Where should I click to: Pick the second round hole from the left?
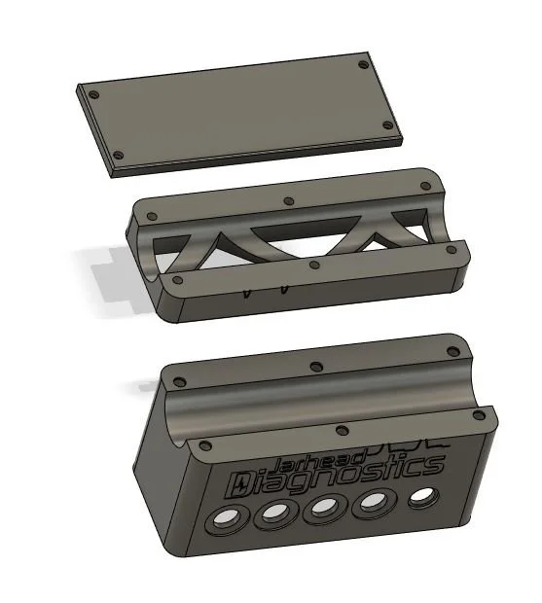point(275,514)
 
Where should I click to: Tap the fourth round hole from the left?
point(375,503)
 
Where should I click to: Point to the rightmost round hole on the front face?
point(423,497)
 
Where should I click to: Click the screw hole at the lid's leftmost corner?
point(94,95)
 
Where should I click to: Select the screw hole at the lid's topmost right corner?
point(364,65)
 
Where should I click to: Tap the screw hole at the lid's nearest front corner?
point(119,155)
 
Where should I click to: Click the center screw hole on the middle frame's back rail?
point(288,201)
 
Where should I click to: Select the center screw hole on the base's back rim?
point(314,367)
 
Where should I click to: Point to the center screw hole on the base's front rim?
point(340,429)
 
